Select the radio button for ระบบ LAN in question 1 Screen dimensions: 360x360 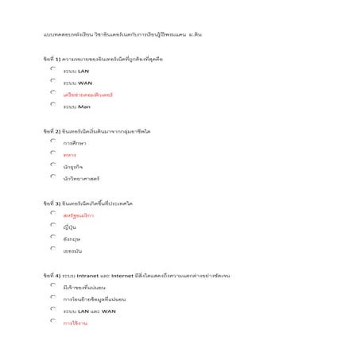click(x=52, y=70)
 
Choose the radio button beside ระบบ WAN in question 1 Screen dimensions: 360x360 click(x=52, y=81)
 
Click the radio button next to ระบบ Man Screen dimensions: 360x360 click(x=52, y=105)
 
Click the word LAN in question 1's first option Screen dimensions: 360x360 click(x=83, y=71)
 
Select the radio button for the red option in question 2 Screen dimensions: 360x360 click(x=52, y=153)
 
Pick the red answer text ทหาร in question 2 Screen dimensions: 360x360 click(x=70, y=155)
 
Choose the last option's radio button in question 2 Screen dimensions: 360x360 click(x=52, y=177)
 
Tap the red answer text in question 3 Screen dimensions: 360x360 click(x=78, y=215)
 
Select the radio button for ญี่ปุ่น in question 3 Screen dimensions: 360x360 click(x=52, y=226)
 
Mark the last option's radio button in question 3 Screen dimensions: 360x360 click(x=52, y=250)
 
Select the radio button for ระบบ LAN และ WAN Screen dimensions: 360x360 click(x=52, y=310)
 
